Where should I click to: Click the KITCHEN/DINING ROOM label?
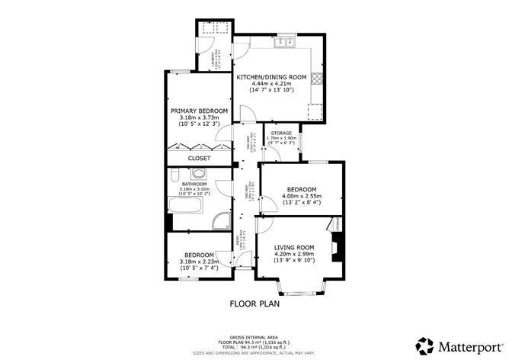(271, 77)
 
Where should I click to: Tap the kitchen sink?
(285, 41)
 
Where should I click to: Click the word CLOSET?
(199, 158)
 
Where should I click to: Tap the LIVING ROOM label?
(294, 247)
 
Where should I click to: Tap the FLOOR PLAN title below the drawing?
(254, 304)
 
